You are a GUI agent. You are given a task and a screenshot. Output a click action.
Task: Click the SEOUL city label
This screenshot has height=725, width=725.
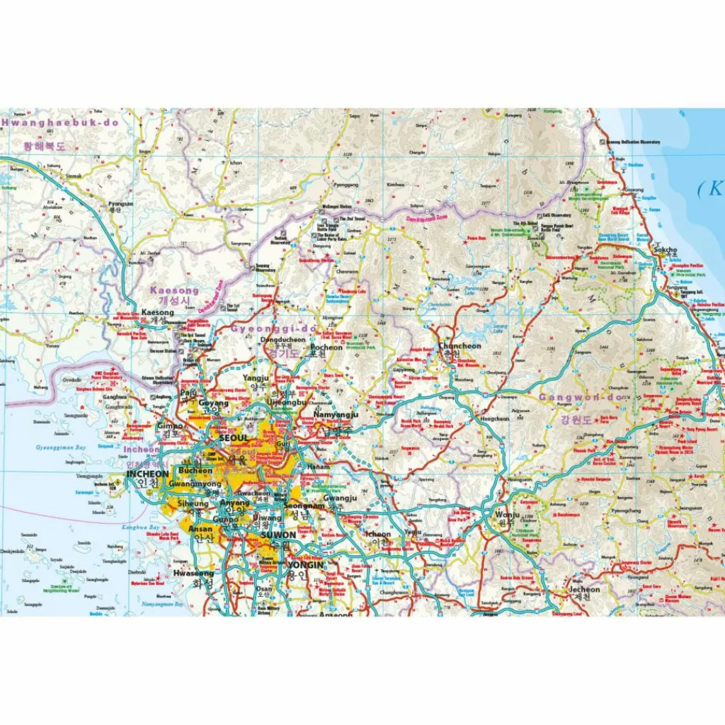pos(234,438)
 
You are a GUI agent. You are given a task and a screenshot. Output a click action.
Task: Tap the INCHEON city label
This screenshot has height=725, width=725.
pos(147,474)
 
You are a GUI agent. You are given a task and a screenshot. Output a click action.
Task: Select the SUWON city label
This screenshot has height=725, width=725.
pos(278,535)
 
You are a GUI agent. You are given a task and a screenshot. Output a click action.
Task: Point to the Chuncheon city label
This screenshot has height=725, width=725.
pos(459,346)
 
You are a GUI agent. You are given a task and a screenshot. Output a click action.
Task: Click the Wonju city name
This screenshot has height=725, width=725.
pos(507,515)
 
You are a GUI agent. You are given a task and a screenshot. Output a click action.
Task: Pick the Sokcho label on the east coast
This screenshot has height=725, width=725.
pos(665,250)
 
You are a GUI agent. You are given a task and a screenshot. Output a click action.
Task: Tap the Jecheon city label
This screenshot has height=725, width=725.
pos(584,589)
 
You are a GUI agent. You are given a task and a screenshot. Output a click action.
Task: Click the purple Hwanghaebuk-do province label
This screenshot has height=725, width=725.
pos(60,122)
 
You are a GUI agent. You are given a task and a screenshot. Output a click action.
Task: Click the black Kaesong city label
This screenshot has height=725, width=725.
pos(157,312)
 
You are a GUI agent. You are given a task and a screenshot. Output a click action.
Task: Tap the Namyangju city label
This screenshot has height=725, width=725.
pos(336,415)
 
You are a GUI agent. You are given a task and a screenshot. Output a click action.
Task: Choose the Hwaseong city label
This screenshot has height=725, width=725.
pos(193,573)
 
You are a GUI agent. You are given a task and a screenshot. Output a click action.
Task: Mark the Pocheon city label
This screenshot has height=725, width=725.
pos(326,348)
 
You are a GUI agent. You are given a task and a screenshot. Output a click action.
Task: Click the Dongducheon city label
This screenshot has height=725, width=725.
pos(282,340)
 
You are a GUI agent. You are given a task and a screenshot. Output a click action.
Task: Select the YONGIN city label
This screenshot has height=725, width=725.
pos(305,565)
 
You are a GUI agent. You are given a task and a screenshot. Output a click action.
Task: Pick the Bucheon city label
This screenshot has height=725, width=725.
pos(195,471)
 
